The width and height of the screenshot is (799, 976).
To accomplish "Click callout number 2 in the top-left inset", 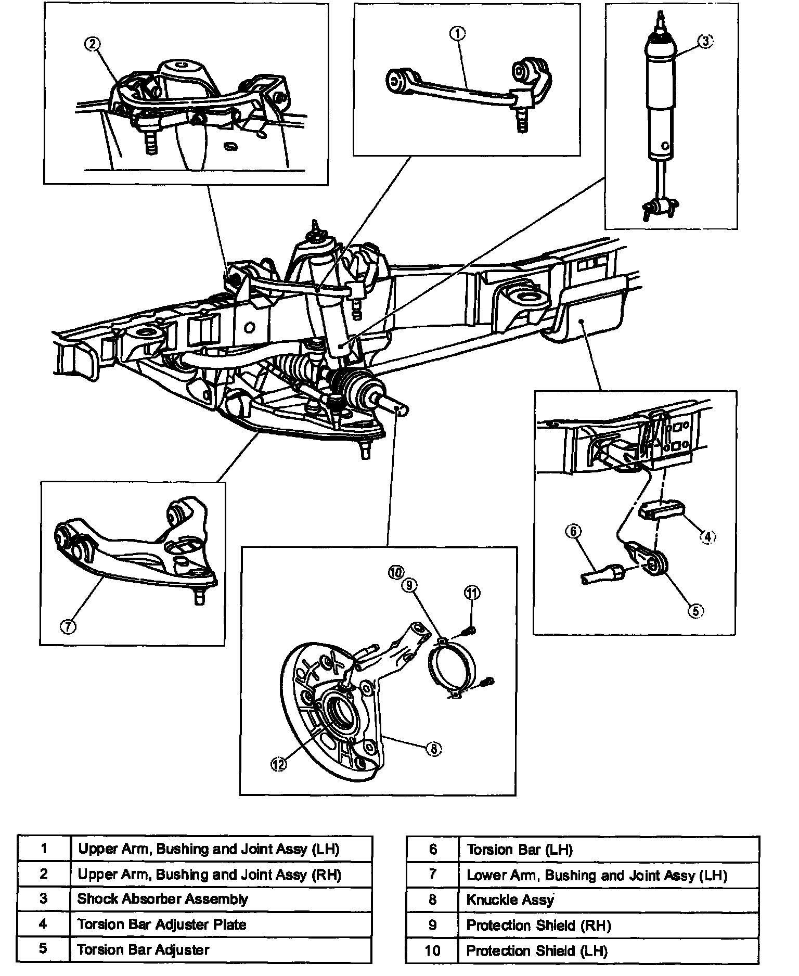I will (x=92, y=44).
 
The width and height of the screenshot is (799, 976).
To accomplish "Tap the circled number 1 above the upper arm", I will (x=457, y=34).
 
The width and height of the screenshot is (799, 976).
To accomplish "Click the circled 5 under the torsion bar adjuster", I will (x=695, y=611).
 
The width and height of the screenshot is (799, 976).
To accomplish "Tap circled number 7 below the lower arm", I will (x=68, y=626).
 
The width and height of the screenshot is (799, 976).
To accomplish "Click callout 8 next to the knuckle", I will (x=433, y=749).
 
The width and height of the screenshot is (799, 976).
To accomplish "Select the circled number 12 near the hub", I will (x=278, y=764).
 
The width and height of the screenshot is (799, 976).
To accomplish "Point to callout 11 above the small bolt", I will (x=472, y=593).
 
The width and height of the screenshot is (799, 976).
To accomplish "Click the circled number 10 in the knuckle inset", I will (x=395, y=572).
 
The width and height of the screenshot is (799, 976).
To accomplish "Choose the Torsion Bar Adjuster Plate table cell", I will (x=221, y=924).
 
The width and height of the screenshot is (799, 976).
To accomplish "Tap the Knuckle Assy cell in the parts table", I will (x=609, y=899).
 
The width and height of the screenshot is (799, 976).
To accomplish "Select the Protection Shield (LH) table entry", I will (x=609, y=951).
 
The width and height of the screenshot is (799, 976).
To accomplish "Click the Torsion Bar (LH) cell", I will (x=609, y=850).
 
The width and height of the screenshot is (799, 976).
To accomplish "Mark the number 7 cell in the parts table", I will (x=432, y=874).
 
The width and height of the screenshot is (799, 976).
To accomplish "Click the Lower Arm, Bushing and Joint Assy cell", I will (x=609, y=875).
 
